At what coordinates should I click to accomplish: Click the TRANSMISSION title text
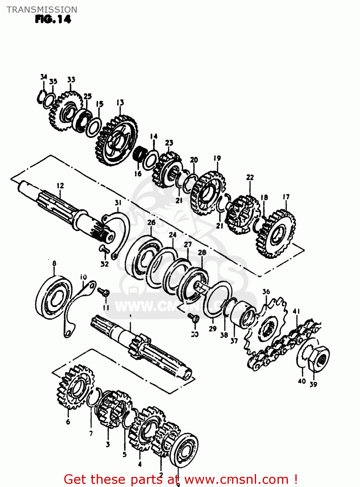42,10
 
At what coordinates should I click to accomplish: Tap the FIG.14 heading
53,19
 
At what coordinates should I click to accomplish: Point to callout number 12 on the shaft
60,186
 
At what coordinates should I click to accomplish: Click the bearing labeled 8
53,297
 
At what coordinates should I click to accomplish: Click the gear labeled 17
276,234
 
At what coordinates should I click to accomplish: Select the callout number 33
71,80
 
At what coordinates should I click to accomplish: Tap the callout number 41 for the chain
296,312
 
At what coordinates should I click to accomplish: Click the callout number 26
151,222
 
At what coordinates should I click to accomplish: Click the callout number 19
217,158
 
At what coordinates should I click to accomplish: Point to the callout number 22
250,177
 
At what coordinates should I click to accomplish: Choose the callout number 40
302,381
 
